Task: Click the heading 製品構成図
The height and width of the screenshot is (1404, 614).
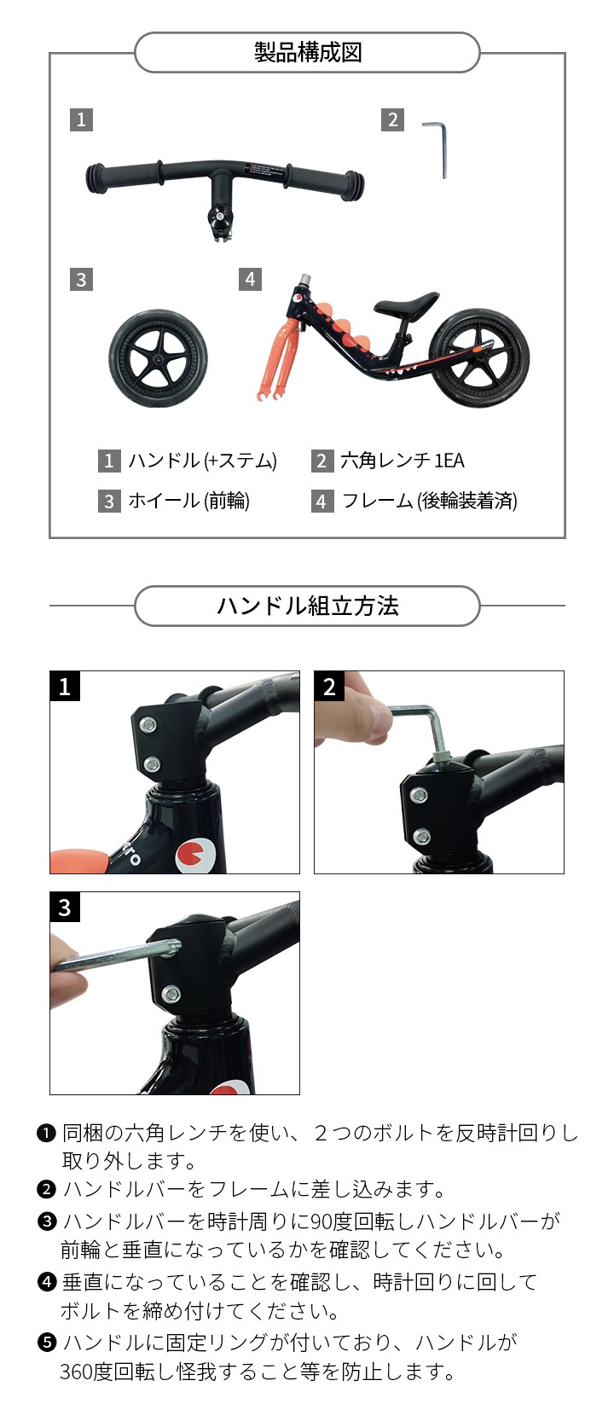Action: [x=308, y=53]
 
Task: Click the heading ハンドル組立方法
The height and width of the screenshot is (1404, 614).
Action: [x=308, y=606]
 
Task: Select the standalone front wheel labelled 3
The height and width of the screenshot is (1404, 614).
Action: [x=158, y=358]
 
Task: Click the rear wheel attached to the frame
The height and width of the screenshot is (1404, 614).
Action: [x=479, y=358]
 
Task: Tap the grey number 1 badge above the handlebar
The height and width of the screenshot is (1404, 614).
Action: [x=82, y=119]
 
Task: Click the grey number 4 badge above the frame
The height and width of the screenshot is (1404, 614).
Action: [x=250, y=279]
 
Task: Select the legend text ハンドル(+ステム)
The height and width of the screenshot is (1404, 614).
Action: [x=202, y=461]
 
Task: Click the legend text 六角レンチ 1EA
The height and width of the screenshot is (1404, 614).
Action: [x=403, y=461]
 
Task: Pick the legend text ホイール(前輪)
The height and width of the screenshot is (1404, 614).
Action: [x=189, y=501]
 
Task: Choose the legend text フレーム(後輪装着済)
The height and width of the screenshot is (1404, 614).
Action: [x=430, y=501]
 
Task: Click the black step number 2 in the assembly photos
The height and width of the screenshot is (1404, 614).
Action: [x=329, y=687]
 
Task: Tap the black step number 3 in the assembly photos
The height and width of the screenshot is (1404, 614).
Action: [x=65, y=907]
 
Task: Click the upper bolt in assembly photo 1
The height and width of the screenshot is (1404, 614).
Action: [x=148, y=725]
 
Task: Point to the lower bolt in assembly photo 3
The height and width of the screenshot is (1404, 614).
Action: [x=171, y=994]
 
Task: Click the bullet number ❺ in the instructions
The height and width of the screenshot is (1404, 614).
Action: [x=47, y=1343]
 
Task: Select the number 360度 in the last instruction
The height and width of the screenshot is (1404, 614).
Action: [x=86, y=1372]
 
